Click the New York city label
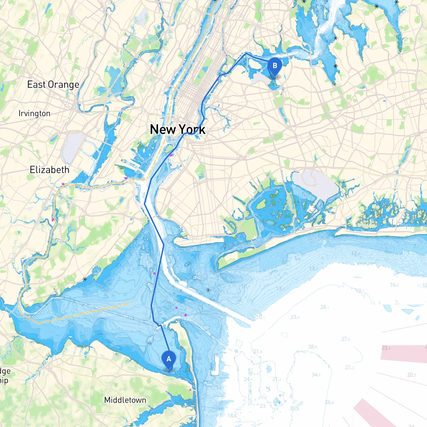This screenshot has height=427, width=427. click(178, 129)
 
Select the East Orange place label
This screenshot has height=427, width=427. click(53, 85)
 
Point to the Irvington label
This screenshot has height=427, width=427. click(34, 113)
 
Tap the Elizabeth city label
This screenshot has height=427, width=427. click(50, 170)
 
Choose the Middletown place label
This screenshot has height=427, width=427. click(125, 400)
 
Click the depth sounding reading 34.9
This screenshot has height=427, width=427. click(316, 375)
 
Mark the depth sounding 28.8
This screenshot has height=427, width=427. click(313, 347)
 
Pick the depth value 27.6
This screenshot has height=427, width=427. click(346, 339)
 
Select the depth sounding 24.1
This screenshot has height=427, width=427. click(324, 307)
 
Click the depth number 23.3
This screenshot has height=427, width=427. click(295, 317)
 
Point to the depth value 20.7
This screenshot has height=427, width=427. click(412, 375)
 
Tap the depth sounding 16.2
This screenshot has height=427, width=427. click(394, 285)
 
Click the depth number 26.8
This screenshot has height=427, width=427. click(330, 402)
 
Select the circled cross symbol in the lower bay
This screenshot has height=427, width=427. click(208, 290)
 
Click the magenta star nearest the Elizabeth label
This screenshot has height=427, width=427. click(63, 184)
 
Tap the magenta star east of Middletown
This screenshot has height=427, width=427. click(190, 390)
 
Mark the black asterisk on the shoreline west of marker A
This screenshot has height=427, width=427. click(85, 279)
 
